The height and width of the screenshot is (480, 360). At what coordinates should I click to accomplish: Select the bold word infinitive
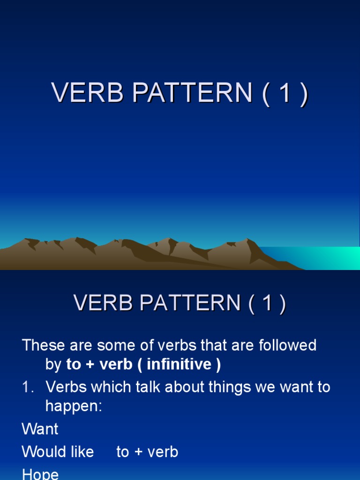coord(179,365)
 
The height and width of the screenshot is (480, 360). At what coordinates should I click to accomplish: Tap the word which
coord(118,387)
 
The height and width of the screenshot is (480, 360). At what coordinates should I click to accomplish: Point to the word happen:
coord(74,406)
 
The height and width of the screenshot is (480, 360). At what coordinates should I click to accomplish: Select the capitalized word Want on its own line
coord(40,429)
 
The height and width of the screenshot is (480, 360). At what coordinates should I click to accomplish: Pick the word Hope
coord(40,473)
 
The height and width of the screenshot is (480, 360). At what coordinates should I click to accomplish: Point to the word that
coord(217,345)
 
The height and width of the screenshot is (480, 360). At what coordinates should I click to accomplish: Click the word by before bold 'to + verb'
coord(53,365)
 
